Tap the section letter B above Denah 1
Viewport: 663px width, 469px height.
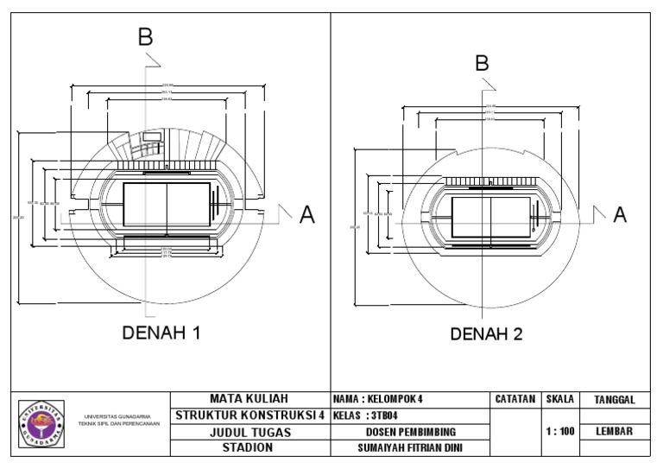(x=146, y=36)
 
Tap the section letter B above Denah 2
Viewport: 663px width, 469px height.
(x=483, y=63)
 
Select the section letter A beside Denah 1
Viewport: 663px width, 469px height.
(x=306, y=216)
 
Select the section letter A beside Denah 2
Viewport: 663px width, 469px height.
(x=620, y=216)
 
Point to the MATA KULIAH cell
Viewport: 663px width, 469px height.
(x=251, y=399)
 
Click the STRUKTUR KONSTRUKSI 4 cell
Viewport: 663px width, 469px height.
(x=250, y=415)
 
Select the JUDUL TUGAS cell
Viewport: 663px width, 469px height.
(x=251, y=432)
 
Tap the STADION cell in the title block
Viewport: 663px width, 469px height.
(x=251, y=447)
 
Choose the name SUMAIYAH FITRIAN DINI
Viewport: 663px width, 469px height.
(x=410, y=448)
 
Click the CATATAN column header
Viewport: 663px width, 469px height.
(x=515, y=399)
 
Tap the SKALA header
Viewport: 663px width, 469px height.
(x=559, y=399)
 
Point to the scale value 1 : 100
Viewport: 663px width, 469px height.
(x=559, y=431)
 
